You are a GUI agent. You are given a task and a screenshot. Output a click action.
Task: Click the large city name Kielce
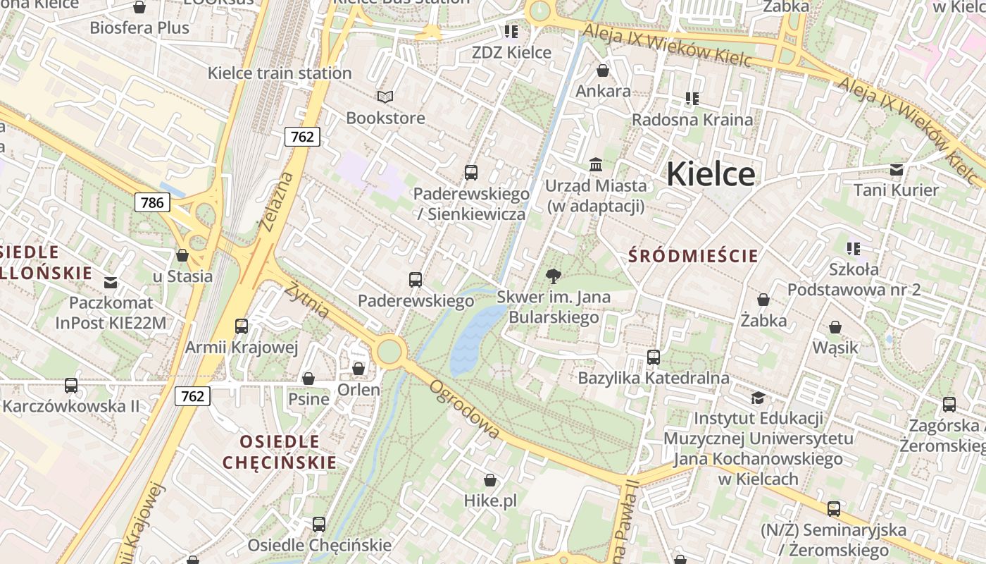(x=710, y=173)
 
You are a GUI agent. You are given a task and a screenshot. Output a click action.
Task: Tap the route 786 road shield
(x=152, y=203)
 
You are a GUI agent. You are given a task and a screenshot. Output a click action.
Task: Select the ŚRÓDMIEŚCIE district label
(x=693, y=256)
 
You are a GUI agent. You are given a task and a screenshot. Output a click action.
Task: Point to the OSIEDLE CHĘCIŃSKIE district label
(x=280, y=452)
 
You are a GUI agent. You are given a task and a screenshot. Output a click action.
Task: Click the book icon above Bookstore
(x=385, y=97)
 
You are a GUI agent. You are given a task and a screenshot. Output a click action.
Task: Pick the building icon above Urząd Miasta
(x=596, y=164)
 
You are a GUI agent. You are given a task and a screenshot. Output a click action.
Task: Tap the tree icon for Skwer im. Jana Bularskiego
(x=554, y=276)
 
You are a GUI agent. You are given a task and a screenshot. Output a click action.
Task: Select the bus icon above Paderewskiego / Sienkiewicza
(x=471, y=172)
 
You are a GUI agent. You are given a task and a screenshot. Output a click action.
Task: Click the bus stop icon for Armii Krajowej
(x=242, y=326)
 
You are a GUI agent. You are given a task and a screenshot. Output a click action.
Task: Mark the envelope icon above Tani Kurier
(x=896, y=169)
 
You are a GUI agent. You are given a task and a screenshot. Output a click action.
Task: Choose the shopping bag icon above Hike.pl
(x=490, y=480)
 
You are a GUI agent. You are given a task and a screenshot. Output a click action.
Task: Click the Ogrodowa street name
(x=465, y=409)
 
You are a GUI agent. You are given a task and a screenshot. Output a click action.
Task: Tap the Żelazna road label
(x=276, y=201)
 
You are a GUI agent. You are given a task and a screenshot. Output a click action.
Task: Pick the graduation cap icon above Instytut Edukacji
(x=758, y=398)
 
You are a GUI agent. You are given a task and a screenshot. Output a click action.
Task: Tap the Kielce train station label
(x=280, y=73)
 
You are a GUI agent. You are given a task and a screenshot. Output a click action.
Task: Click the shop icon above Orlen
(x=358, y=368)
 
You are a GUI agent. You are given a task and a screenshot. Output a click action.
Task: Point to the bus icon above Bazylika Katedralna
(x=654, y=357)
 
